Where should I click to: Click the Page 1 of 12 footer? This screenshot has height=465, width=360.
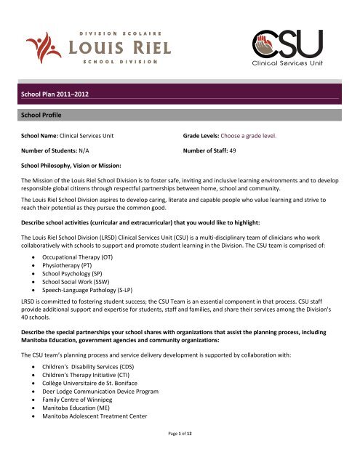180,455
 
